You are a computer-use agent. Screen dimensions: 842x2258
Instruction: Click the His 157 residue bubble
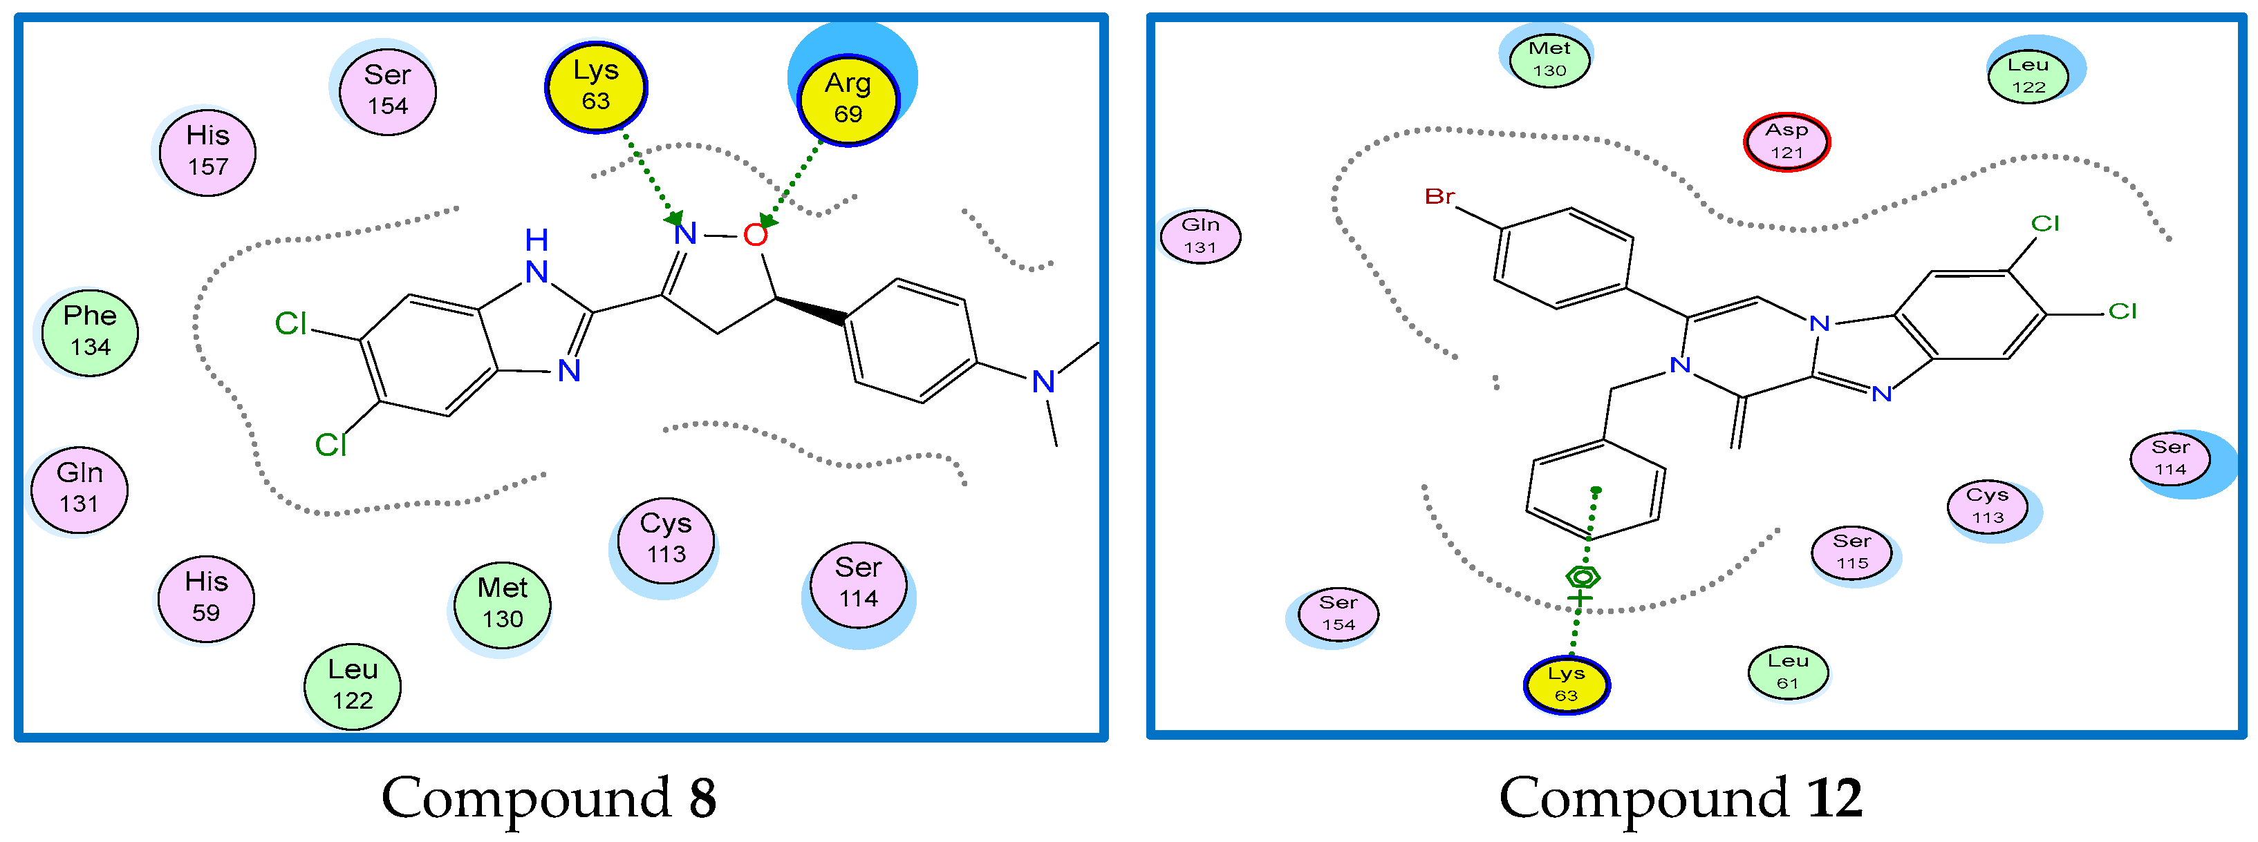207,151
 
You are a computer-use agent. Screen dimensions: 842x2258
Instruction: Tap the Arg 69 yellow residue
848,98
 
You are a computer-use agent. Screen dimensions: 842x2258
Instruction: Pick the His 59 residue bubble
206,597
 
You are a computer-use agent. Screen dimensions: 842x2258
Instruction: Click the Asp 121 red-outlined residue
1786,141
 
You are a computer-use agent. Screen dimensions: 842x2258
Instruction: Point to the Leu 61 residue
1787,672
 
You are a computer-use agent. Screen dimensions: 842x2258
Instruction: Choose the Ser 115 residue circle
1851,552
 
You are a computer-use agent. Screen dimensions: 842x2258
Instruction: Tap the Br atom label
1439,196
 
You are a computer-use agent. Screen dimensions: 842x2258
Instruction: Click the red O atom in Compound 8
755,235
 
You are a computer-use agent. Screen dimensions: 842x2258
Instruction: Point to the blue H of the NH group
536,239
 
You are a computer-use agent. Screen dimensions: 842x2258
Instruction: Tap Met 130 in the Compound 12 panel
1549,59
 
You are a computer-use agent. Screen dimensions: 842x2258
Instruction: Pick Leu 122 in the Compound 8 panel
353,685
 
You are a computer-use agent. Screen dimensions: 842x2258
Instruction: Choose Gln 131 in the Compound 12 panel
1200,236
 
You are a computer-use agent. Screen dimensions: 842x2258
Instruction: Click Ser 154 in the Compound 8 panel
387,90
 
